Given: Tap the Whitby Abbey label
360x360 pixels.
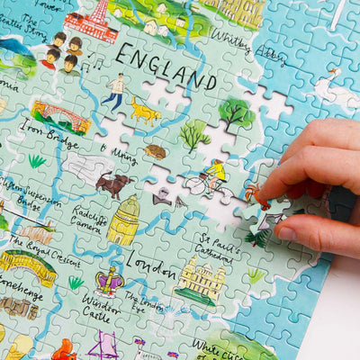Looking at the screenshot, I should (x=236, y=47).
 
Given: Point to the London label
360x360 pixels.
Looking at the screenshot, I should (x=150, y=263).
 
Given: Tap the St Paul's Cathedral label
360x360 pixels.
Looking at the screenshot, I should (x=218, y=248).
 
